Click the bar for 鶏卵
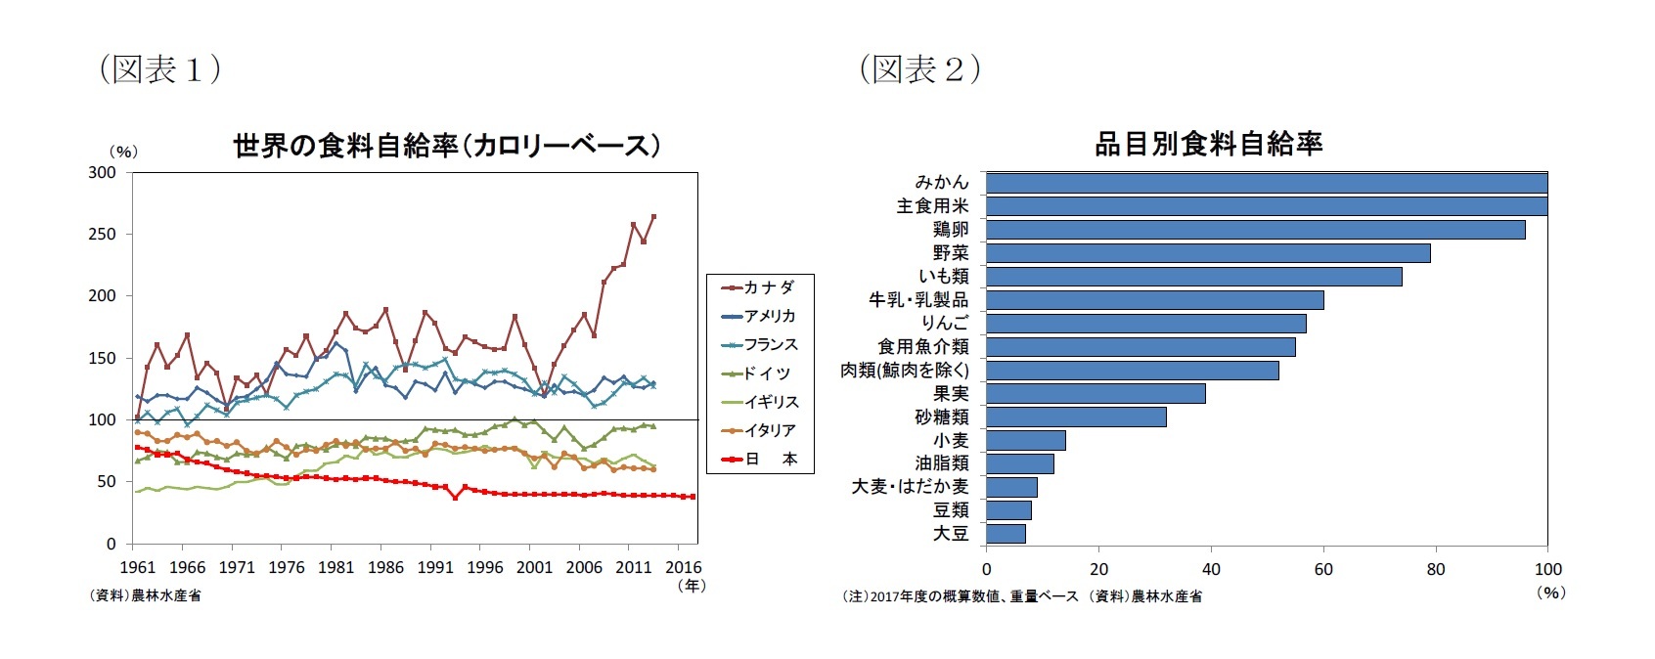tap(1255, 230)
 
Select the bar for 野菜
tap(1208, 253)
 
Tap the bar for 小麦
tap(1025, 440)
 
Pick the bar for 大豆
tap(1006, 534)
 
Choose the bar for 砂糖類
tap(1076, 417)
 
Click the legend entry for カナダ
tap(759, 287)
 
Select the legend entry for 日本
tap(759, 459)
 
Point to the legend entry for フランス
tap(759, 344)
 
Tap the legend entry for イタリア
tap(759, 430)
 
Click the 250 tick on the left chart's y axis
tap(103, 234)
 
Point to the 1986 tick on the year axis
tap(385, 567)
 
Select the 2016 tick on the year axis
tap(683, 567)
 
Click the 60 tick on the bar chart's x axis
tap(1323, 569)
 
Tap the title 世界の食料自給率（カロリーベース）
tap(446, 147)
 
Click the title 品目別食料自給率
tap(1208, 145)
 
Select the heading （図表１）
tap(159, 69)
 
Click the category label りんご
tap(944, 324)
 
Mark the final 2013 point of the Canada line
tap(653, 216)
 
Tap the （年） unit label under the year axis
tap(691, 586)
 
